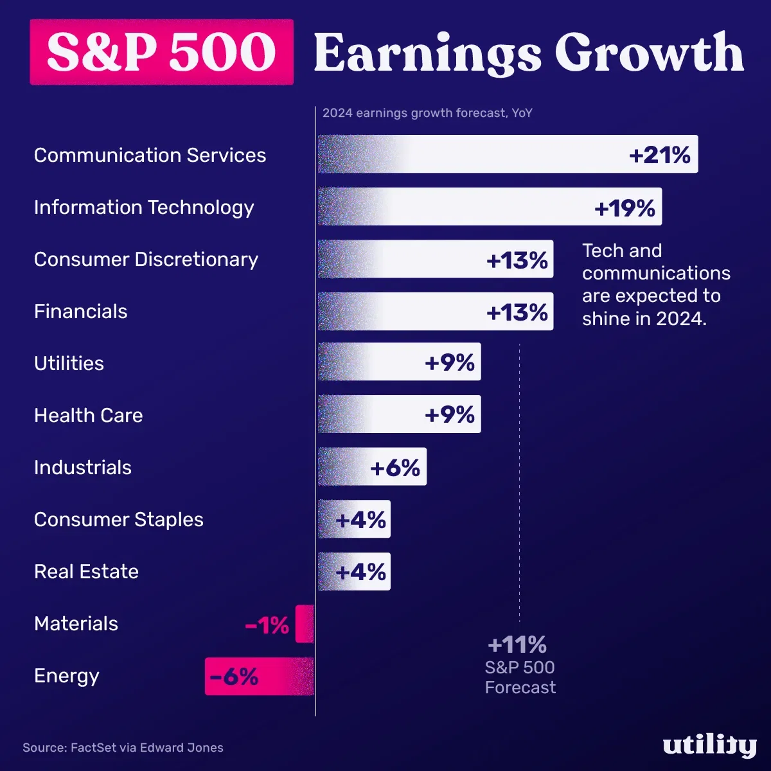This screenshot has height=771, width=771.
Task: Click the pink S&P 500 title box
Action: click(161, 52)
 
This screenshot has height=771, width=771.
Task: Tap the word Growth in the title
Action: click(649, 54)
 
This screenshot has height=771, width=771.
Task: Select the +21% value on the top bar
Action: click(659, 155)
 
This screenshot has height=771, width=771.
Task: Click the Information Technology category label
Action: click(144, 208)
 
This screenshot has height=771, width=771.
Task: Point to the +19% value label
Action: click(625, 208)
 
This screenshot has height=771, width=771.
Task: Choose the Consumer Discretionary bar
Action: click(435, 260)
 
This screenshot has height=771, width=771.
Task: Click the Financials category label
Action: click(81, 312)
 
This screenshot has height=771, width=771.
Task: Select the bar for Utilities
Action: click(399, 362)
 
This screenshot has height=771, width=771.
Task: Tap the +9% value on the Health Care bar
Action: click(450, 415)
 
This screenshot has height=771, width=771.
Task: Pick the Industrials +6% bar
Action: click(372, 467)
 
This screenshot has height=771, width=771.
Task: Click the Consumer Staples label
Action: click(119, 519)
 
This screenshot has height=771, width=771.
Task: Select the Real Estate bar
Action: click(354, 572)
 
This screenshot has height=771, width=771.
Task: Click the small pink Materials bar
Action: click(305, 624)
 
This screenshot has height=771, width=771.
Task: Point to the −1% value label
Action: click(267, 625)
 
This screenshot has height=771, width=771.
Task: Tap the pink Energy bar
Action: click(259, 677)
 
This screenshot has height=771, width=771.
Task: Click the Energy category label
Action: click(67, 676)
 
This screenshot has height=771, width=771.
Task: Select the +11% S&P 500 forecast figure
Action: click(517, 644)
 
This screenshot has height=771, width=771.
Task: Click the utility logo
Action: click(709, 746)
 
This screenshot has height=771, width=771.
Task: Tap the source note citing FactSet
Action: click(123, 748)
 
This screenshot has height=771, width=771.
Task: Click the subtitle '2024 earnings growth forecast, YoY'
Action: click(427, 113)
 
